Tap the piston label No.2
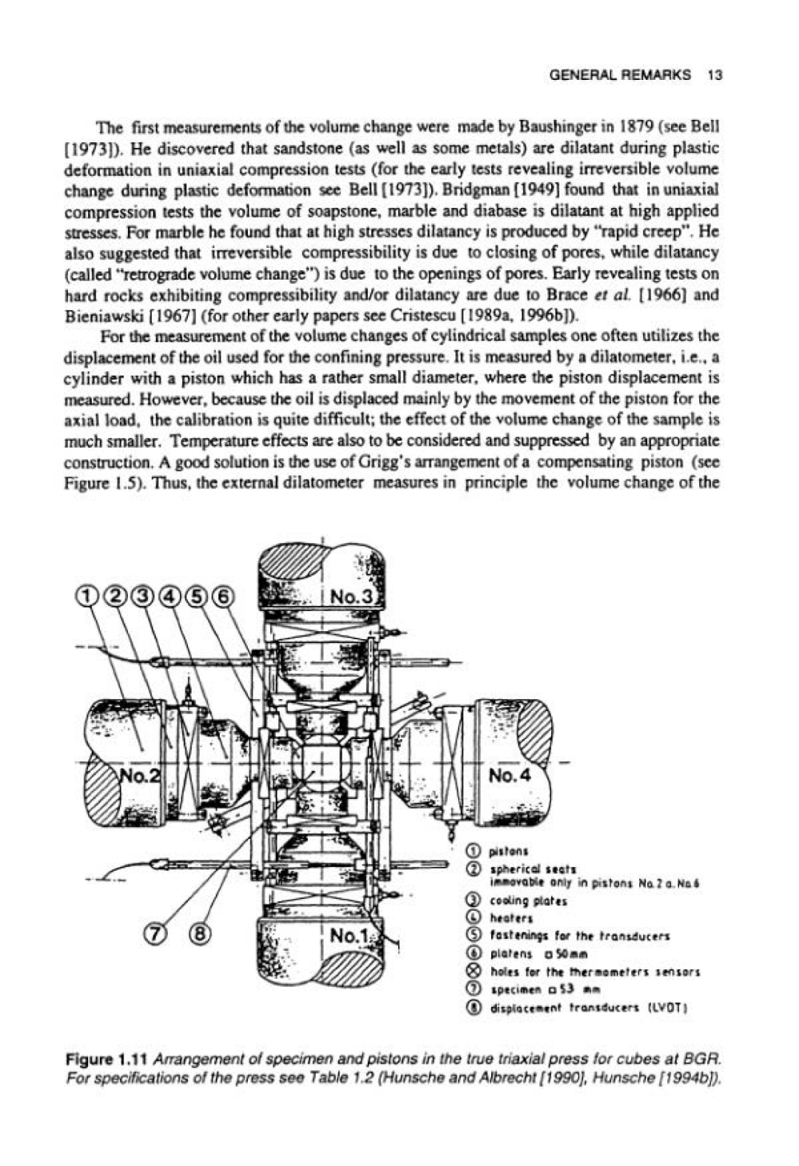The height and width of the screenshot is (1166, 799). pos(140,776)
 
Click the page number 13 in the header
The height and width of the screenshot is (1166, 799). pos(714,75)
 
